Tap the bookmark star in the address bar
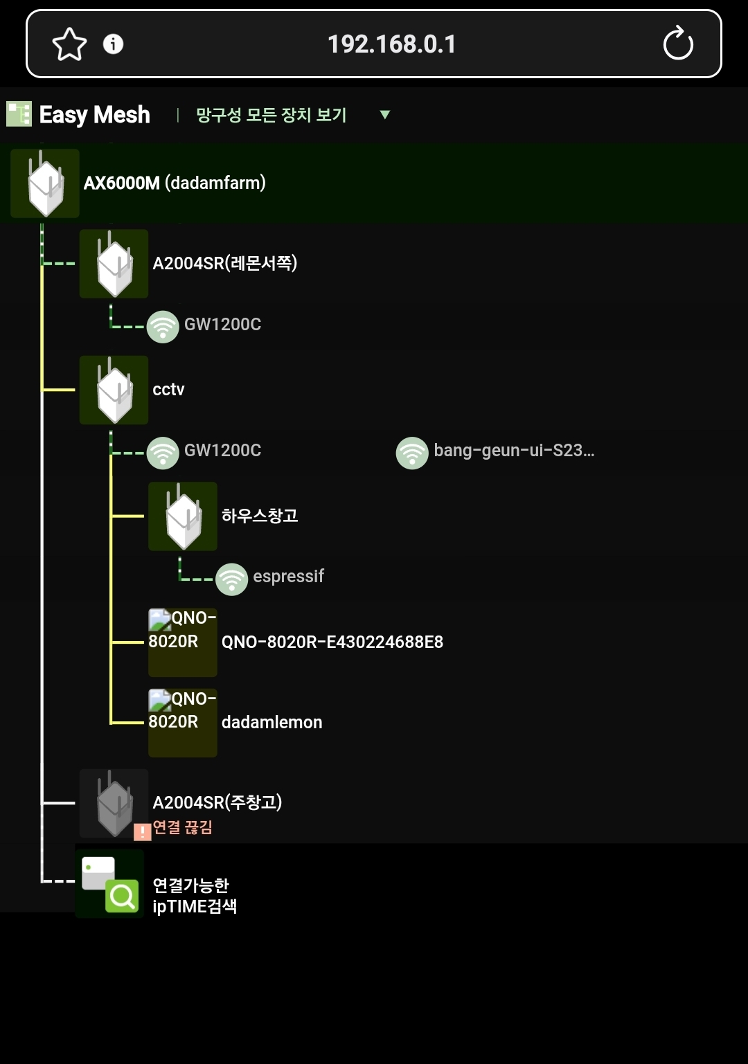(x=69, y=44)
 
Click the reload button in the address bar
(x=678, y=43)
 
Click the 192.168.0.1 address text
(x=392, y=44)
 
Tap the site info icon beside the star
(x=113, y=44)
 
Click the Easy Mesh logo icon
(x=19, y=114)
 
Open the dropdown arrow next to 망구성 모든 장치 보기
(x=385, y=114)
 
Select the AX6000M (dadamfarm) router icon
(x=45, y=183)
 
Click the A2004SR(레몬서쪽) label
(x=225, y=262)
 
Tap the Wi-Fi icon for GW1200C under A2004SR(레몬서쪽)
(x=163, y=326)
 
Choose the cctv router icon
(x=114, y=390)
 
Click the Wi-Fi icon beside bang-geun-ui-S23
(x=412, y=453)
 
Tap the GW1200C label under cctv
(x=222, y=450)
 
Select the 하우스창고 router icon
(x=183, y=516)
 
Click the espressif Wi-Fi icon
(x=231, y=579)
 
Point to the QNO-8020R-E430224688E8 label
(x=332, y=642)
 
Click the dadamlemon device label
(x=271, y=723)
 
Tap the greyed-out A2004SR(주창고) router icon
(x=114, y=803)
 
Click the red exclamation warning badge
(x=143, y=831)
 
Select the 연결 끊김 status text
(x=182, y=827)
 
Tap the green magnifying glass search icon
(x=122, y=896)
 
